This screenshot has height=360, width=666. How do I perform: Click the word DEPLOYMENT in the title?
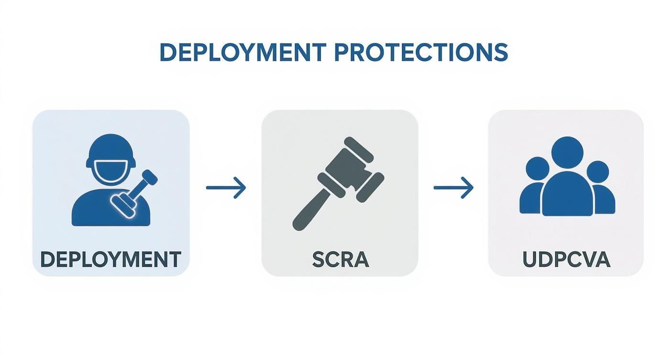pyautogui.click(x=243, y=52)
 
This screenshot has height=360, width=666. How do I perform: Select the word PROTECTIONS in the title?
pyautogui.click(x=421, y=52)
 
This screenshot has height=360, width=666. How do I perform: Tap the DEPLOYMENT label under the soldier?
pyautogui.click(x=111, y=259)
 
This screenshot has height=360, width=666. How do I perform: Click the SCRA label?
pyautogui.click(x=340, y=259)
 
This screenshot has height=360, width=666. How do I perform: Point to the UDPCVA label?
pyautogui.click(x=566, y=259)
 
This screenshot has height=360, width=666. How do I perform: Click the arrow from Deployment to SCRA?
pyautogui.click(x=226, y=188)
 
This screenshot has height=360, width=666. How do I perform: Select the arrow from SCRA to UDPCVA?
pyautogui.click(x=453, y=188)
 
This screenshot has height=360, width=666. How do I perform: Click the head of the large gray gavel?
pyautogui.click(x=351, y=169)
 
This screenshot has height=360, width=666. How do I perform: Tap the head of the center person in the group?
pyautogui.click(x=567, y=152)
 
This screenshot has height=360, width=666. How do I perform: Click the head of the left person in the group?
pyautogui.click(x=537, y=169)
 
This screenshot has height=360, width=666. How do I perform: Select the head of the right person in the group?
pyautogui.click(x=598, y=171)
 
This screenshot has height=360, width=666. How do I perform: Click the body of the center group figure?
pyautogui.click(x=567, y=196)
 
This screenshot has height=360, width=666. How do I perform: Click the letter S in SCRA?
pyautogui.click(x=318, y=259)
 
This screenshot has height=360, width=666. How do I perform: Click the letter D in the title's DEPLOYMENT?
pyautogui.click(x=167, y=52)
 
